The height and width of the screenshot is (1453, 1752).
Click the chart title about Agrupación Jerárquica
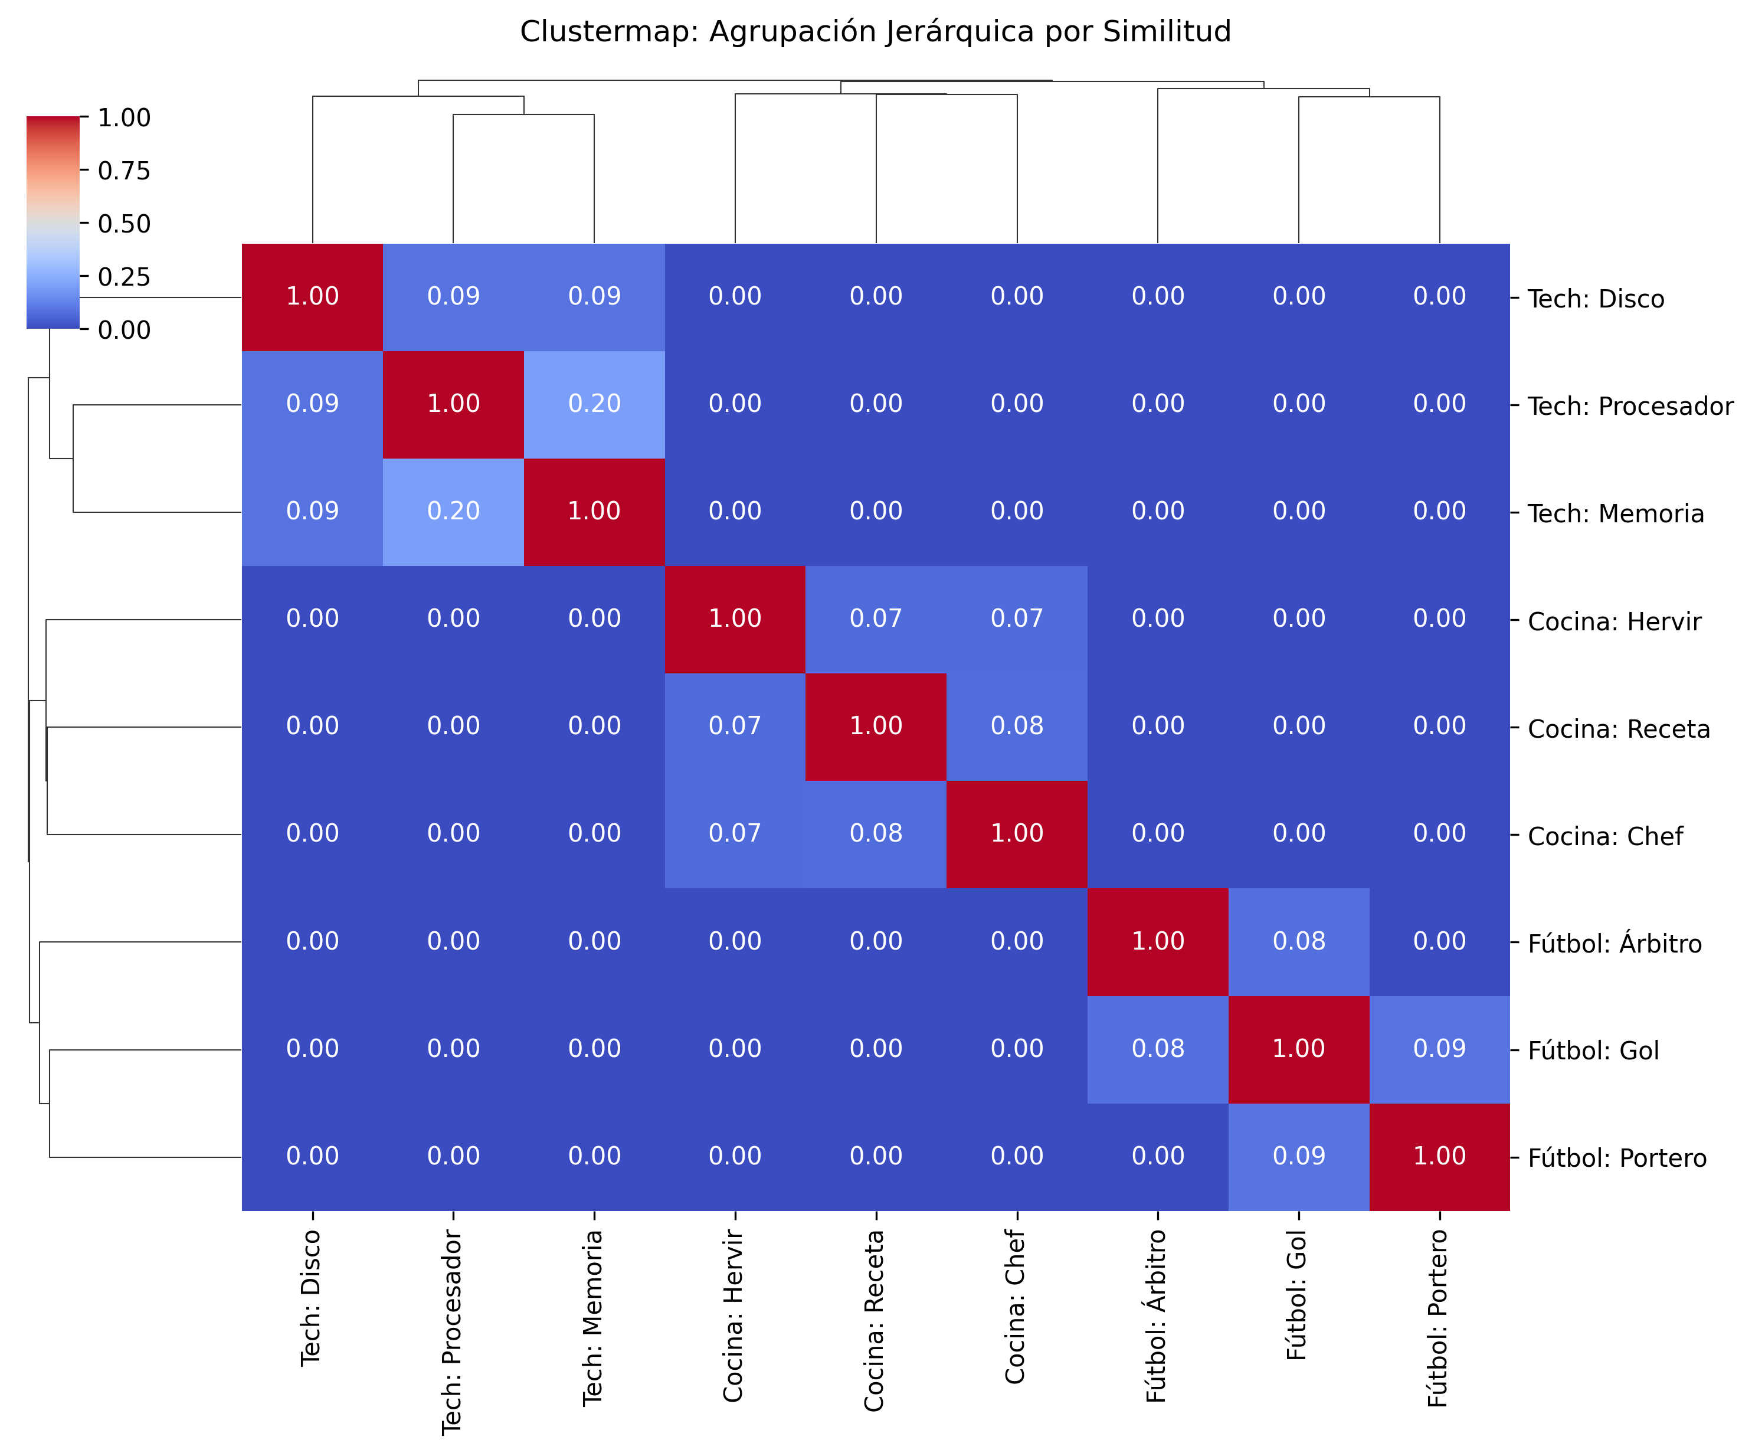pos(875,32)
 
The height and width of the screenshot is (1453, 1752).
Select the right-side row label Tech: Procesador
pos(1629,407)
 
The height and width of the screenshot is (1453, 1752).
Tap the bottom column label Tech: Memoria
pos(593,1318)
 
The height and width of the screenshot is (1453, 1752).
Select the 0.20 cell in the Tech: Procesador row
pos(594,404)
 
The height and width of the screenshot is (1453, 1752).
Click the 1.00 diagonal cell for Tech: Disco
pos(312,296)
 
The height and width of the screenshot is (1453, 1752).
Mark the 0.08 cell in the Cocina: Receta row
pos(1016,726)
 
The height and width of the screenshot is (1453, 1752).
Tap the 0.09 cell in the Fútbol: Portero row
pos(1298,1156)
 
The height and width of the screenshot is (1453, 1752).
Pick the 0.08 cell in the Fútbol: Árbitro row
pos(1298,941)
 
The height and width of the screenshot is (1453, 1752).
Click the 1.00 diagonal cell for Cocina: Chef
pos(1016,834)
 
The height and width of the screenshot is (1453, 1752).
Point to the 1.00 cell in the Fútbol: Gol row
pos(1298,1049)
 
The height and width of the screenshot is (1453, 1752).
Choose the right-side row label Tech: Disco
pos(1594,299)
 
